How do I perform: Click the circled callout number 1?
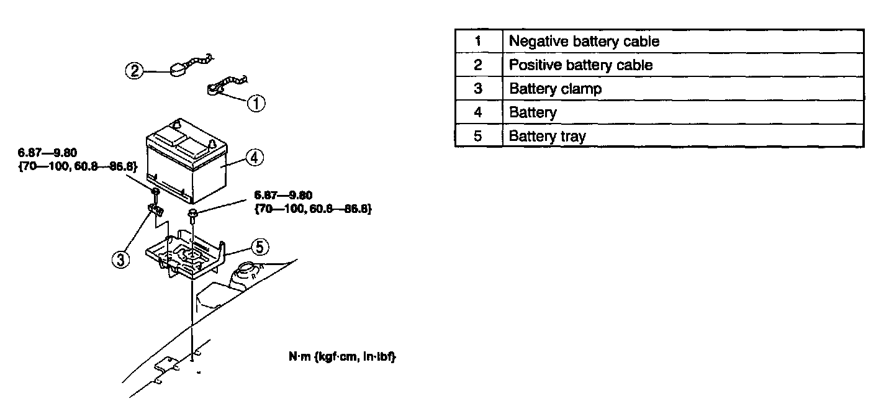coord(256,102)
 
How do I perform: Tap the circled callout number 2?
coord(134,71)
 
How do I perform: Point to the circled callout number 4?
coord(253,158)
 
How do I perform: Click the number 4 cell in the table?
coord(478,112)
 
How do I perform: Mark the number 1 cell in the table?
coord(478,42)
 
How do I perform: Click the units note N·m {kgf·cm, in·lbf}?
coord(339,358)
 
